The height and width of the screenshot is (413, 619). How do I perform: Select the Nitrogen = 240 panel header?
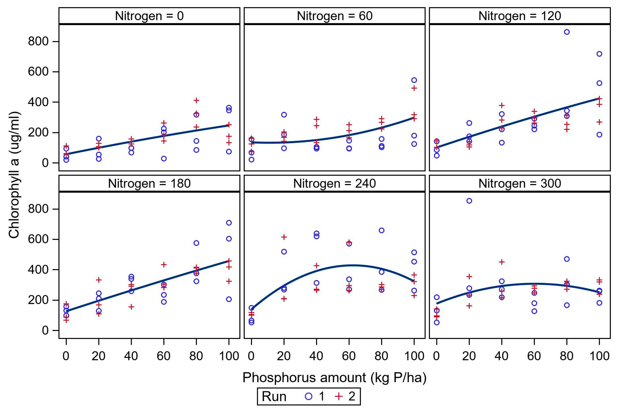pos(334,184)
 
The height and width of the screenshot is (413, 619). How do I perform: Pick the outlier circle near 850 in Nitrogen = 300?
pos(469,201)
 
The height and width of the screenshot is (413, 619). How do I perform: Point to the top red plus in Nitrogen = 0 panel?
pos(196,100)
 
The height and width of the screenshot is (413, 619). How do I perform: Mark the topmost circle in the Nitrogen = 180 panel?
pos(229,223)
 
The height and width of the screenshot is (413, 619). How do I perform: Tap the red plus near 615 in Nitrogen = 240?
pos(284,237)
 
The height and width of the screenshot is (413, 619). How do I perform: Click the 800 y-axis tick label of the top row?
pos(38,41)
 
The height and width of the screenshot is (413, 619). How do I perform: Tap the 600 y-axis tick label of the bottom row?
pos(38,239)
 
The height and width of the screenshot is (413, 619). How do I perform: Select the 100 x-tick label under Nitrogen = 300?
pos(599,356)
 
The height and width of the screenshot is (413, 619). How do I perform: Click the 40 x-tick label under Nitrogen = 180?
pos(131,356)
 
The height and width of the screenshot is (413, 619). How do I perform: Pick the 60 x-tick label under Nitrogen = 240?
pos(349,356)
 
